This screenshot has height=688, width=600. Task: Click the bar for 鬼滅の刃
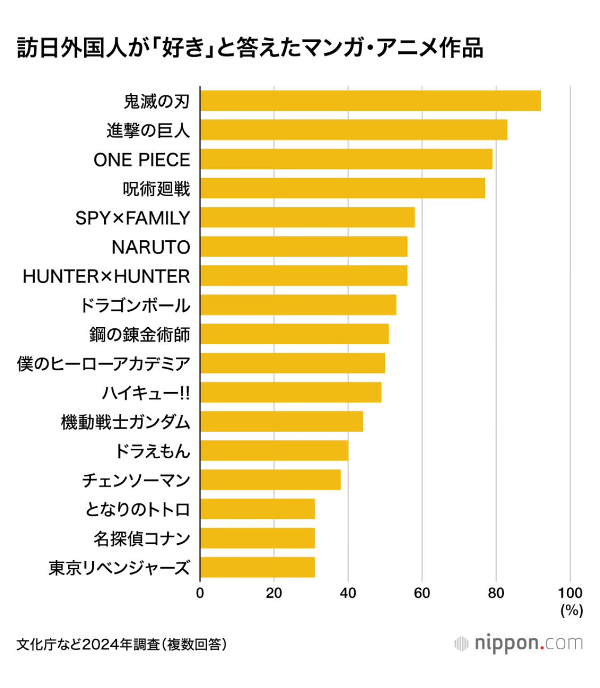[x=370, y=101]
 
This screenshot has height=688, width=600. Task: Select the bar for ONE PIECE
[x=346, y=159]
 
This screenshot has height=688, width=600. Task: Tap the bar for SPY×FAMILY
[x=307, y=217]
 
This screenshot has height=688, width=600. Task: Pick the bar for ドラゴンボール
[x=298, y=305]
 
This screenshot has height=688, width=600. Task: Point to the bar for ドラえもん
[x=274, y=450]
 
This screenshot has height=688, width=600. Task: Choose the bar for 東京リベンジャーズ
[x=257, y=567]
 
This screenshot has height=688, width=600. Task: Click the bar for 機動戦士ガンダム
[x=282, y=422]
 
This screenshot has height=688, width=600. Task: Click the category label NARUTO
[x=151, y=247]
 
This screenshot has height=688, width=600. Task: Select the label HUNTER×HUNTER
[x=106, y=277]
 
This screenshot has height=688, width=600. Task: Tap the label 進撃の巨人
[x=148, y=131]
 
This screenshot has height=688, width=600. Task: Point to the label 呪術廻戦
[x=156, y=189]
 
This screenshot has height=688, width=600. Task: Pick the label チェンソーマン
[x=136, y=480]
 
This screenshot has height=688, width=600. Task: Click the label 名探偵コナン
[x=142, y=538]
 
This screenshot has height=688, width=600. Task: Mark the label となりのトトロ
[x=138, y=509]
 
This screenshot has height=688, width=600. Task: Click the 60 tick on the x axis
[x=422, y=593]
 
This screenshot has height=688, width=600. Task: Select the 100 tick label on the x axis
[x=570, y=593]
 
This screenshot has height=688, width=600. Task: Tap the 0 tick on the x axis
[x=200, y=593]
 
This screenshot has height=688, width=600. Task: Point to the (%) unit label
[x=571, y=610]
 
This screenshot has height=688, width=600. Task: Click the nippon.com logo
[x=518, y=643]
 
